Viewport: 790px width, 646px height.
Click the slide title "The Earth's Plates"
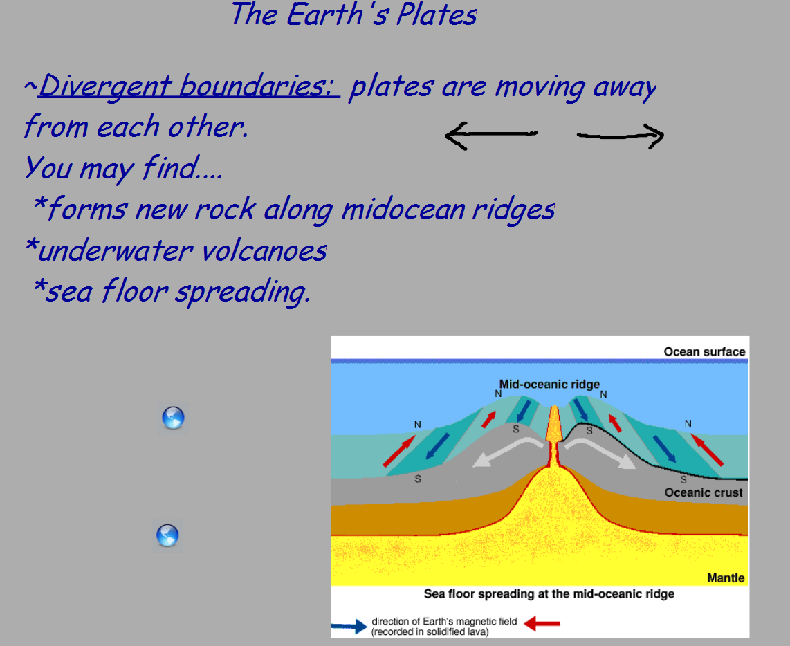[353, 14]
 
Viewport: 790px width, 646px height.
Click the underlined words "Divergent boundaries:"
[189, 86]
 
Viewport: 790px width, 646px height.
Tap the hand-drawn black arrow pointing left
[491, 135]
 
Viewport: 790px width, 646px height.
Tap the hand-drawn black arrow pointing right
[621, 136]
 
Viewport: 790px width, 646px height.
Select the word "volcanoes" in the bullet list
[264, 250]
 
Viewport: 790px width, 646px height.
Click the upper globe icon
[173, 418]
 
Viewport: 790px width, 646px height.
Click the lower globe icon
[167, 535]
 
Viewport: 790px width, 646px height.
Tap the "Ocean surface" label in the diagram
[704, 352]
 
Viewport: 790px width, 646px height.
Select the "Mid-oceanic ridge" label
[549, 384]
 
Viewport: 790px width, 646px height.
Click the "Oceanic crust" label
[704, 492]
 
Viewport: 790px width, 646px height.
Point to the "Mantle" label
[726, 578]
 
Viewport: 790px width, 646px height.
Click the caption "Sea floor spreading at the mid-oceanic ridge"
[549, 594]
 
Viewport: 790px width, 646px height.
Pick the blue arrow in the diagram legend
[349, 627]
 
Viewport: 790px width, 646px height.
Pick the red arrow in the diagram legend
[542, 624]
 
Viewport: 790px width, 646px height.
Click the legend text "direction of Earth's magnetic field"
[444, 621]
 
